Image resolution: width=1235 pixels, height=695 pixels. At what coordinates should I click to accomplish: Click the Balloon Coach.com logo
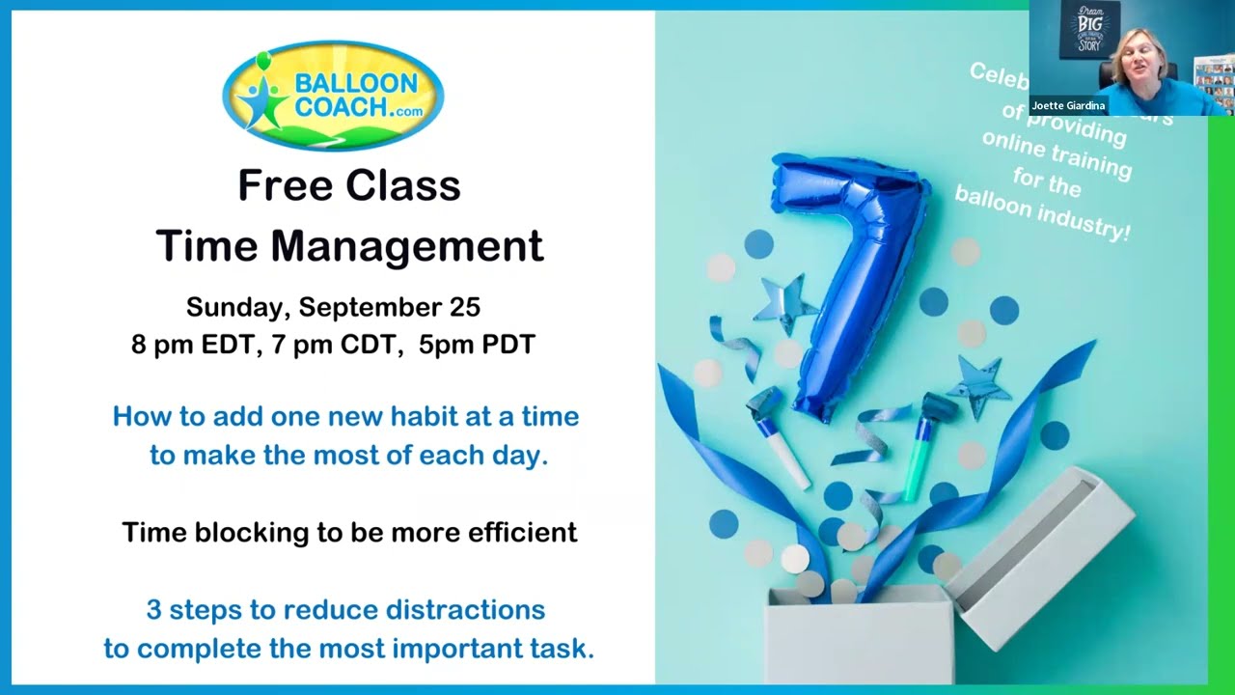pos(333,95)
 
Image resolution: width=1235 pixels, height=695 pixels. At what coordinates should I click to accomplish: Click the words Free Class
pos(349,185)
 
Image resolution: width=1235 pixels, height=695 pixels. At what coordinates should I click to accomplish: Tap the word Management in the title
pos(406,246)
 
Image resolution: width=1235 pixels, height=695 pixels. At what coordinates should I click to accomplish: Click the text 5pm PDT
pos(477,345)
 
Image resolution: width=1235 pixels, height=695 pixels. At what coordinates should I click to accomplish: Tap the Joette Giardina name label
pos(1067,105)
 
